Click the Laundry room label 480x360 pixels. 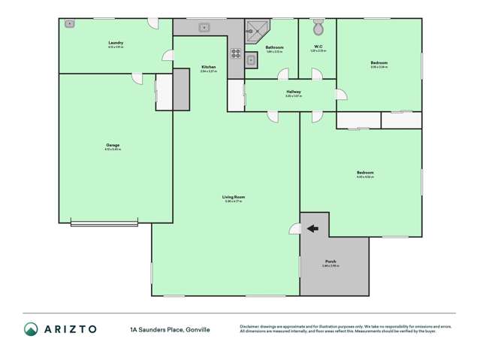pyautogui.click(x=116, y=44)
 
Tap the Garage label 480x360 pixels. pyautogui.click(x=113, y=145)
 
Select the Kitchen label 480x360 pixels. pyautogui.click(x=209, y=68)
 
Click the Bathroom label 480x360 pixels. pyautogui.click(x=274, y=47)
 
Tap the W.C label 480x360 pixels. pyautogui.click(x=318, y=47)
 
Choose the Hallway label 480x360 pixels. pyautogui.click(x=293, y=92)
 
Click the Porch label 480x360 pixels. pyautogui.click(x=331, y=262)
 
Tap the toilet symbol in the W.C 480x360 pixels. pyautogui.click(x=318, y=29)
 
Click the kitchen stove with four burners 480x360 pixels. pyautogui.click(x=235, y=53)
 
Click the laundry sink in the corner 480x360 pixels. pyautogui.click(x=70, y=24)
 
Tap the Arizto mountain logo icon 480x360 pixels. pyautogui.click(x=31, y=328)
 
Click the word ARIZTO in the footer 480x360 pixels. pyautogui.click(x=69, y=328)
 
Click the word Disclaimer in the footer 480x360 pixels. pyautogui.click(x=252, y=326)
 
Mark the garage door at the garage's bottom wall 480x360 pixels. pyautogui.click(x=104, y=222)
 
